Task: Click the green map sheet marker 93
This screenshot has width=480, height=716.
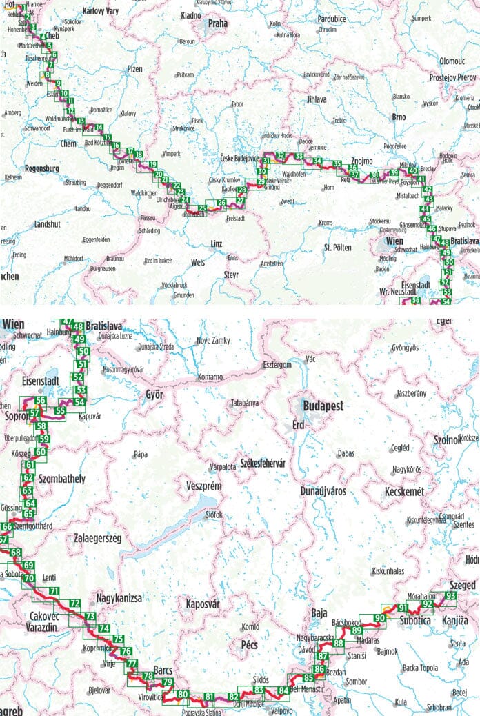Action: [451, 595]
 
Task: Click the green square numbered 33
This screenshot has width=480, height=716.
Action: [299, 157]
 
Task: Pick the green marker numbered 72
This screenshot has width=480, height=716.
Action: [75, 604]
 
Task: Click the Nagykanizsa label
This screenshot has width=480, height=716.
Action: [120, 598]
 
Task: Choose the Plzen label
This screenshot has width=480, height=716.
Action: [134, 69]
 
